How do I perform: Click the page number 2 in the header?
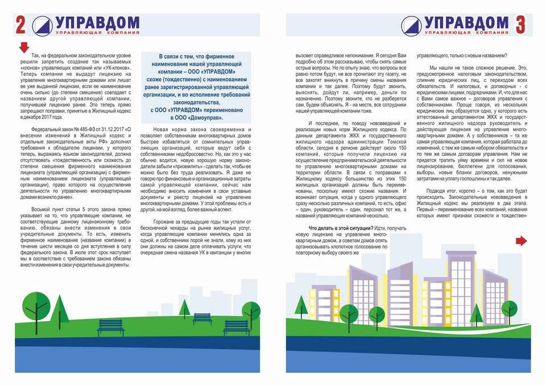tap(21, 26)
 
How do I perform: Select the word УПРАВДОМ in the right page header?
tap(466, 23)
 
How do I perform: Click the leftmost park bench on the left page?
tap(111, 326)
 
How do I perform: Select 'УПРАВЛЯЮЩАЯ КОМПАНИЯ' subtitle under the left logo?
tap(94, 33)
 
